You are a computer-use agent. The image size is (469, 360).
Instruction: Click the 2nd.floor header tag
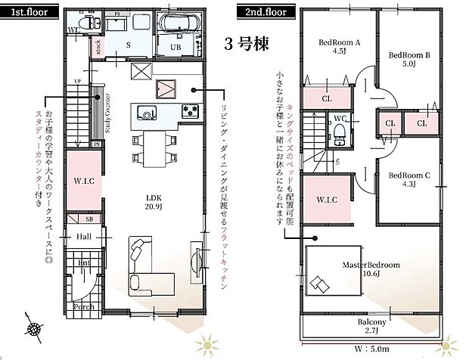coord(264,13)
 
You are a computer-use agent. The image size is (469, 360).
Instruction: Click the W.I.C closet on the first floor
coord(83,181)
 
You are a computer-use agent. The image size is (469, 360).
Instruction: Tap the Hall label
coord(84,237)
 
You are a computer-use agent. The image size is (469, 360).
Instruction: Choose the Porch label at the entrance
coord(84,307)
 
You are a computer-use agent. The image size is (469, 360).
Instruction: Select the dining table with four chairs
coord(154,147)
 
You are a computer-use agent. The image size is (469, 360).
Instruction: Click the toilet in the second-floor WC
coord(339,135)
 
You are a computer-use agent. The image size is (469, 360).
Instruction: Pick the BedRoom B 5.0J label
coord(409,60)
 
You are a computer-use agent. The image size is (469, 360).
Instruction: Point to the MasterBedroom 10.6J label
coord(371,270)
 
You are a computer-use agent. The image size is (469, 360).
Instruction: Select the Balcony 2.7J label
coord(372,326)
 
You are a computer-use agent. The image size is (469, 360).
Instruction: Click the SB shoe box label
coord(89,219)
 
